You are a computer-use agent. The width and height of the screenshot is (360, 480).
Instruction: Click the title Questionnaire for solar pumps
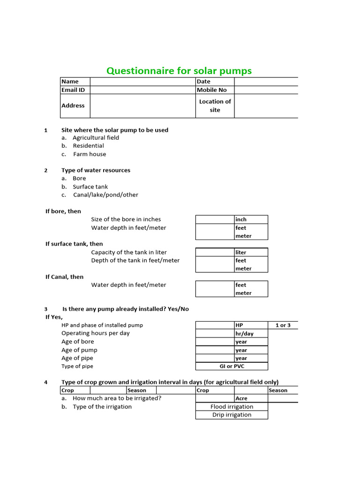[x=179, y=71]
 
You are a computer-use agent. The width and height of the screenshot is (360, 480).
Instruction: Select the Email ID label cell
[x=75, y=90]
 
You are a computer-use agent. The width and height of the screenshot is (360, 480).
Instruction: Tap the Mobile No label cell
[x=215, y=90]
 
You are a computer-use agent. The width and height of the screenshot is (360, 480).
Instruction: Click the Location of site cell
[x=215, y=105]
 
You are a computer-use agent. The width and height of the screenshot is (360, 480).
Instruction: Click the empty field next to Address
[x=142, y=105]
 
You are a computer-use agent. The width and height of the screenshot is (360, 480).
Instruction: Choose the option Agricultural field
[x=96, y=137]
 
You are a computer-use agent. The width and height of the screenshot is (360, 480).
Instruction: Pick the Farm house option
[x=89, y=154]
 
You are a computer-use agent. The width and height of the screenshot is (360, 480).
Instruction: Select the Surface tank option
[x=90, y=187]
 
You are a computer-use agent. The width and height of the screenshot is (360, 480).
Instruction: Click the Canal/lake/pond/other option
[x=105, y=195]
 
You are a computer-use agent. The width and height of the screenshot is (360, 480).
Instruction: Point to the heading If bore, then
[x=63, y=211]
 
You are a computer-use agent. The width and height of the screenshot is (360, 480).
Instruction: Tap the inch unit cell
[x=251, y=219]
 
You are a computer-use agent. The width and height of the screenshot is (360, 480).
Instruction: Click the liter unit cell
[x=251, y=252]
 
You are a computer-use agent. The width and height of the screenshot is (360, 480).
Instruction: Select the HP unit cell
[x=251, y=325]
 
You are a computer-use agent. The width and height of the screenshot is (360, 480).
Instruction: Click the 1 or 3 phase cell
[x=283, y=325]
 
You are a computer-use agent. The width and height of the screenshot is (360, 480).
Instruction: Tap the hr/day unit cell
[x=251, y=333]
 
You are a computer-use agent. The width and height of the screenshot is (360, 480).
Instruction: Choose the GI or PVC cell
[x=232, y=366]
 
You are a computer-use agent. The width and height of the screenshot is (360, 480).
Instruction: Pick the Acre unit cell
[x=251, y=398]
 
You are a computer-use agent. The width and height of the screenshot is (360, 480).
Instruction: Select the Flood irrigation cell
[x=232, y=407]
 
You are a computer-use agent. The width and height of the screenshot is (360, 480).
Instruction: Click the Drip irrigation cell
[x=232, y=415]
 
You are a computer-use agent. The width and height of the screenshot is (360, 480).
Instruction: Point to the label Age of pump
[x=79, y=350]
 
